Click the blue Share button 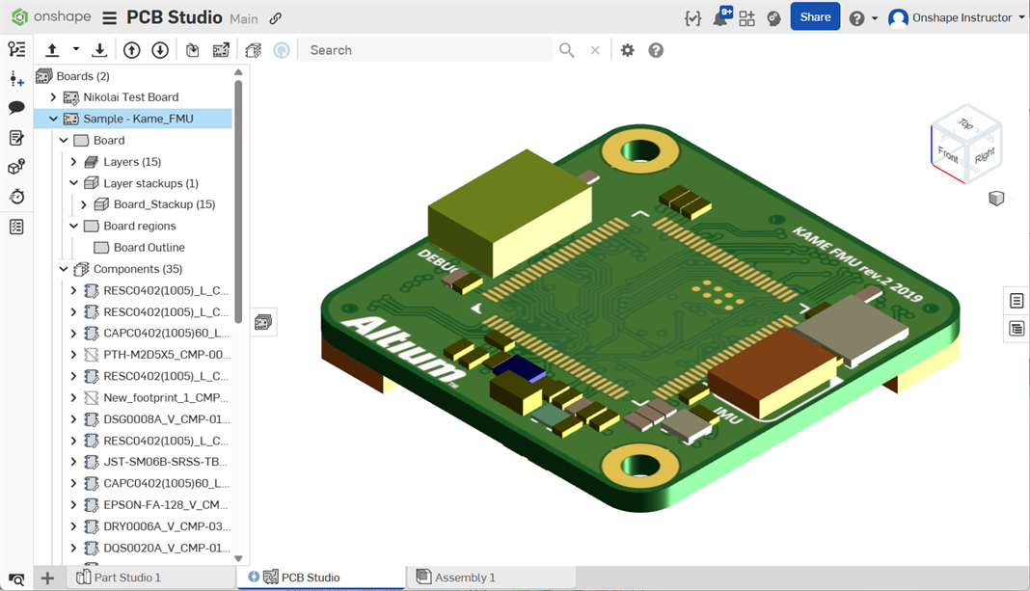point(814,17)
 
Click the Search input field point(424,50)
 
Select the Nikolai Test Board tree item point(130,97)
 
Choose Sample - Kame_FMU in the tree point(138,119)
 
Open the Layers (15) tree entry point(132,162)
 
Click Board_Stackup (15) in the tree point(164,204)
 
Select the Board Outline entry point(149,248)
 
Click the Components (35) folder point(137,269)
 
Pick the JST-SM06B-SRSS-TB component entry point(166,462)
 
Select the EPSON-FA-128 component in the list point(166,505)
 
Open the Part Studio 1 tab point(127,578)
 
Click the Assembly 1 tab point(465,578)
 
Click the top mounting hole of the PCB point(637,150)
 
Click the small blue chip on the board point(518,367)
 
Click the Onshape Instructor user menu point(955,17)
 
